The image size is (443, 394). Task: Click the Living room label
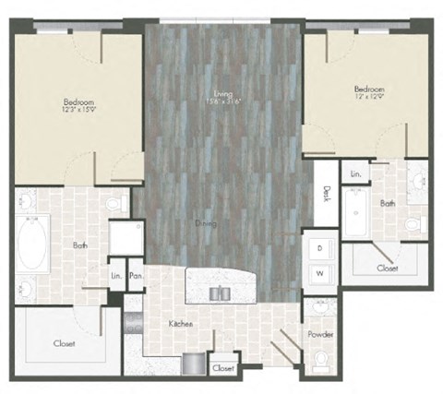(x=222, y=94)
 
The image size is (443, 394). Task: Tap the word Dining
(x=207, y=223)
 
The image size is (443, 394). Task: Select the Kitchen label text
(x=180, y=324)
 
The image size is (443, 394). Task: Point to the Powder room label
(x=321, y=334)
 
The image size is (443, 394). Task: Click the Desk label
(x=327, y=195)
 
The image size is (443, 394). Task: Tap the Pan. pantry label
(x=136, y=275)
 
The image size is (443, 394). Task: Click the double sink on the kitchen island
(x=219, y=293)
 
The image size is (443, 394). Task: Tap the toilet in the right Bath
(x=414, y=224)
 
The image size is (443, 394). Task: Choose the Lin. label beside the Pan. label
(x=116, y=275)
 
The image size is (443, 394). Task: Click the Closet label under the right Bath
(x=388, y=268)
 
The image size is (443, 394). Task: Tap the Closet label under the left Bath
(x=64, y=344)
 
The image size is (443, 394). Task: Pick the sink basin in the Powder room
(x=318, y=306)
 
